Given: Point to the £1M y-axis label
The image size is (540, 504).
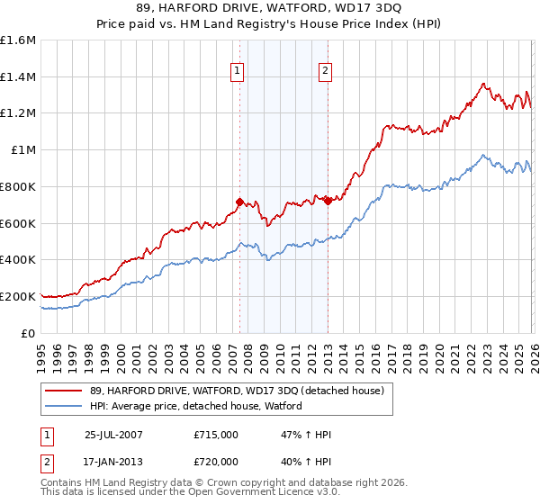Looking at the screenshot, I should click(x=22, y=150).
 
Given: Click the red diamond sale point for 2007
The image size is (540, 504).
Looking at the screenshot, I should click(x=240, y=202).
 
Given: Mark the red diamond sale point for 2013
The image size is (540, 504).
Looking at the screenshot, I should click(x=328, y=201).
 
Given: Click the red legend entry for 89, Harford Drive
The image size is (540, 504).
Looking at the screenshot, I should click(x=237, y=391).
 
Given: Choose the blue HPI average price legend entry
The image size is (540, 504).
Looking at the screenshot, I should click(x=195, y=407).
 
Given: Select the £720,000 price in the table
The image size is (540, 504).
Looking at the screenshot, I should click(x=216, y=460).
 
